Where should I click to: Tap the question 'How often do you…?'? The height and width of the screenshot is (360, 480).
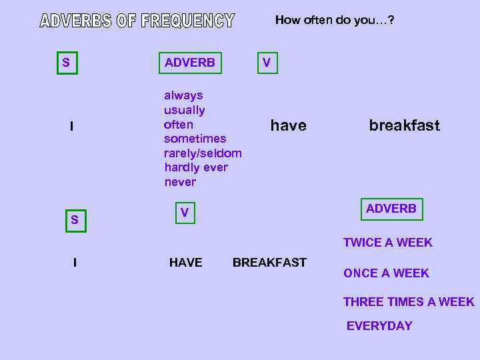tap(334, 20)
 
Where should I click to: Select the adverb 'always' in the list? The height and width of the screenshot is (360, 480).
tap(183, 95)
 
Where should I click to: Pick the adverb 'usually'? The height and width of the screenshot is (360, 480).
tap(185, 110)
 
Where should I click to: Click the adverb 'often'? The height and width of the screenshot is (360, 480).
tap(179, 125)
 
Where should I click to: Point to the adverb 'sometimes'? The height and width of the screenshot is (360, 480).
tap(195, 139)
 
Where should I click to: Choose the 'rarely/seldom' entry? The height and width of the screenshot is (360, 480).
tap(203, 153)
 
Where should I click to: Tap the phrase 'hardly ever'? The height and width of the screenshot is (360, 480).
tap(196, 167)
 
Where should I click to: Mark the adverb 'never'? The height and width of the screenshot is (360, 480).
tap(180, 182)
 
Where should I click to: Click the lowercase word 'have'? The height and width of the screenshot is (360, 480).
tap(288, 125)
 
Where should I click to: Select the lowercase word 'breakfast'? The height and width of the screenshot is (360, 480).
tap(404, 125)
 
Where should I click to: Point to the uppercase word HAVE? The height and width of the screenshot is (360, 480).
tap(185, 263)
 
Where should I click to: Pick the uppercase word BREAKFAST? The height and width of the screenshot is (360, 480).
tap(269, 263)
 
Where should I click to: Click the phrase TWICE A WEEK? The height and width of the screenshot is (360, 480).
tap(387, 243)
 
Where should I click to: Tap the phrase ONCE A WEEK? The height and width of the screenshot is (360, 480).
tap(386, 273)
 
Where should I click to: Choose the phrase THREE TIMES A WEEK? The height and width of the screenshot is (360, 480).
tap(409, 302)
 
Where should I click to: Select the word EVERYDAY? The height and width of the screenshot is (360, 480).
tap(379, 326)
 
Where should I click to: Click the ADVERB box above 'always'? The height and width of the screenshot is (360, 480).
tap(190, 63)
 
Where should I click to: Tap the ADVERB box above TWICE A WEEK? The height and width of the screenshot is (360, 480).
tap(391, 209)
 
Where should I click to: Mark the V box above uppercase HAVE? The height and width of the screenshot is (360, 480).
tap(185, 213)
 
